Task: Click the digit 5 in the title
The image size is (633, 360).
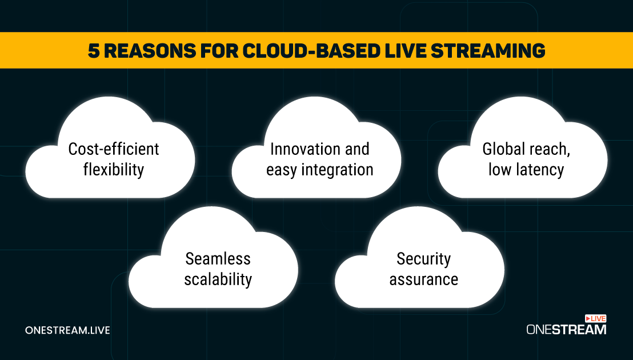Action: (94, 51)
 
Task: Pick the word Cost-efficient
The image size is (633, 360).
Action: (114, 149)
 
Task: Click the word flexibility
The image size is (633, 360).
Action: (114, 170)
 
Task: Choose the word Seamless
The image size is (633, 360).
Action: (218, 259)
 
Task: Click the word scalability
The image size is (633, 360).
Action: (218, 279)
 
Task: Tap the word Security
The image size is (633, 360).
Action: (423, 259)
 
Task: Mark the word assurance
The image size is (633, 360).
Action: (423, 279)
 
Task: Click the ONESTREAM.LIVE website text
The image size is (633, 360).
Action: (67, 330)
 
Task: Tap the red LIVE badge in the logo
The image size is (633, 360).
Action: (595, 319)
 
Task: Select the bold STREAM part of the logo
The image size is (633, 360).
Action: (579, 330)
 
